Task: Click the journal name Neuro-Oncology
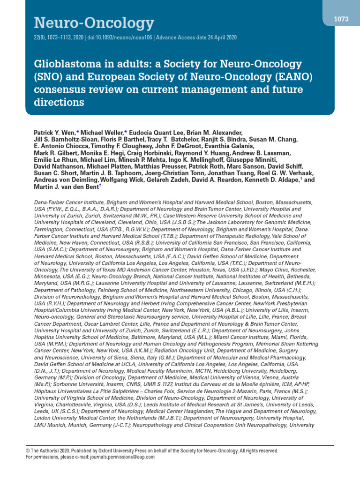(x=94, y=22)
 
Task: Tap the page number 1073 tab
(x=341, y=19)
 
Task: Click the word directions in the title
(x=59, y=102)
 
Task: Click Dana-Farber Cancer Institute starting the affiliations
(x=71, y=202)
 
